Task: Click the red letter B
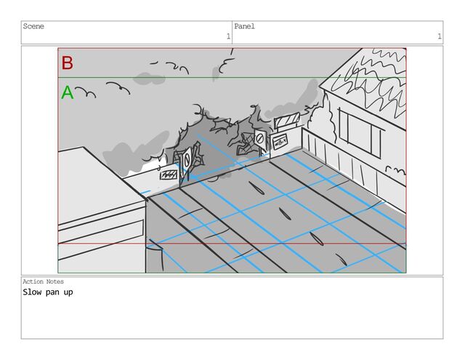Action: click(68, 63)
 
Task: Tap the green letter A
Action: click(68, 92)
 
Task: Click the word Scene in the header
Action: click(33, 26)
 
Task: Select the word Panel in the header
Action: click(244, 26)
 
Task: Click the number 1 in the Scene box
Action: click(228, 36)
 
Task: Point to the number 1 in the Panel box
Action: click(439, 36)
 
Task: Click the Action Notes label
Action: click(44, 281)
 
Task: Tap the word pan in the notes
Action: click(52, 292)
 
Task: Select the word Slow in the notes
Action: click(32, 292)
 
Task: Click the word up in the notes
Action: click(68, 293)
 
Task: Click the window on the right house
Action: click(360, 133)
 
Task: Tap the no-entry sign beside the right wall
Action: click(260, 139)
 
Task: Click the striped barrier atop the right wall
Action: click(287, 120)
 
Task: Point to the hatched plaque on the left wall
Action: click(169, 175)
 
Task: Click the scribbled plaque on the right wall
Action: click(280, 143)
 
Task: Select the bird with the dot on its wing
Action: click(118, 87)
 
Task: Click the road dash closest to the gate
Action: click(256, 188)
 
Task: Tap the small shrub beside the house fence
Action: click(395, 170)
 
